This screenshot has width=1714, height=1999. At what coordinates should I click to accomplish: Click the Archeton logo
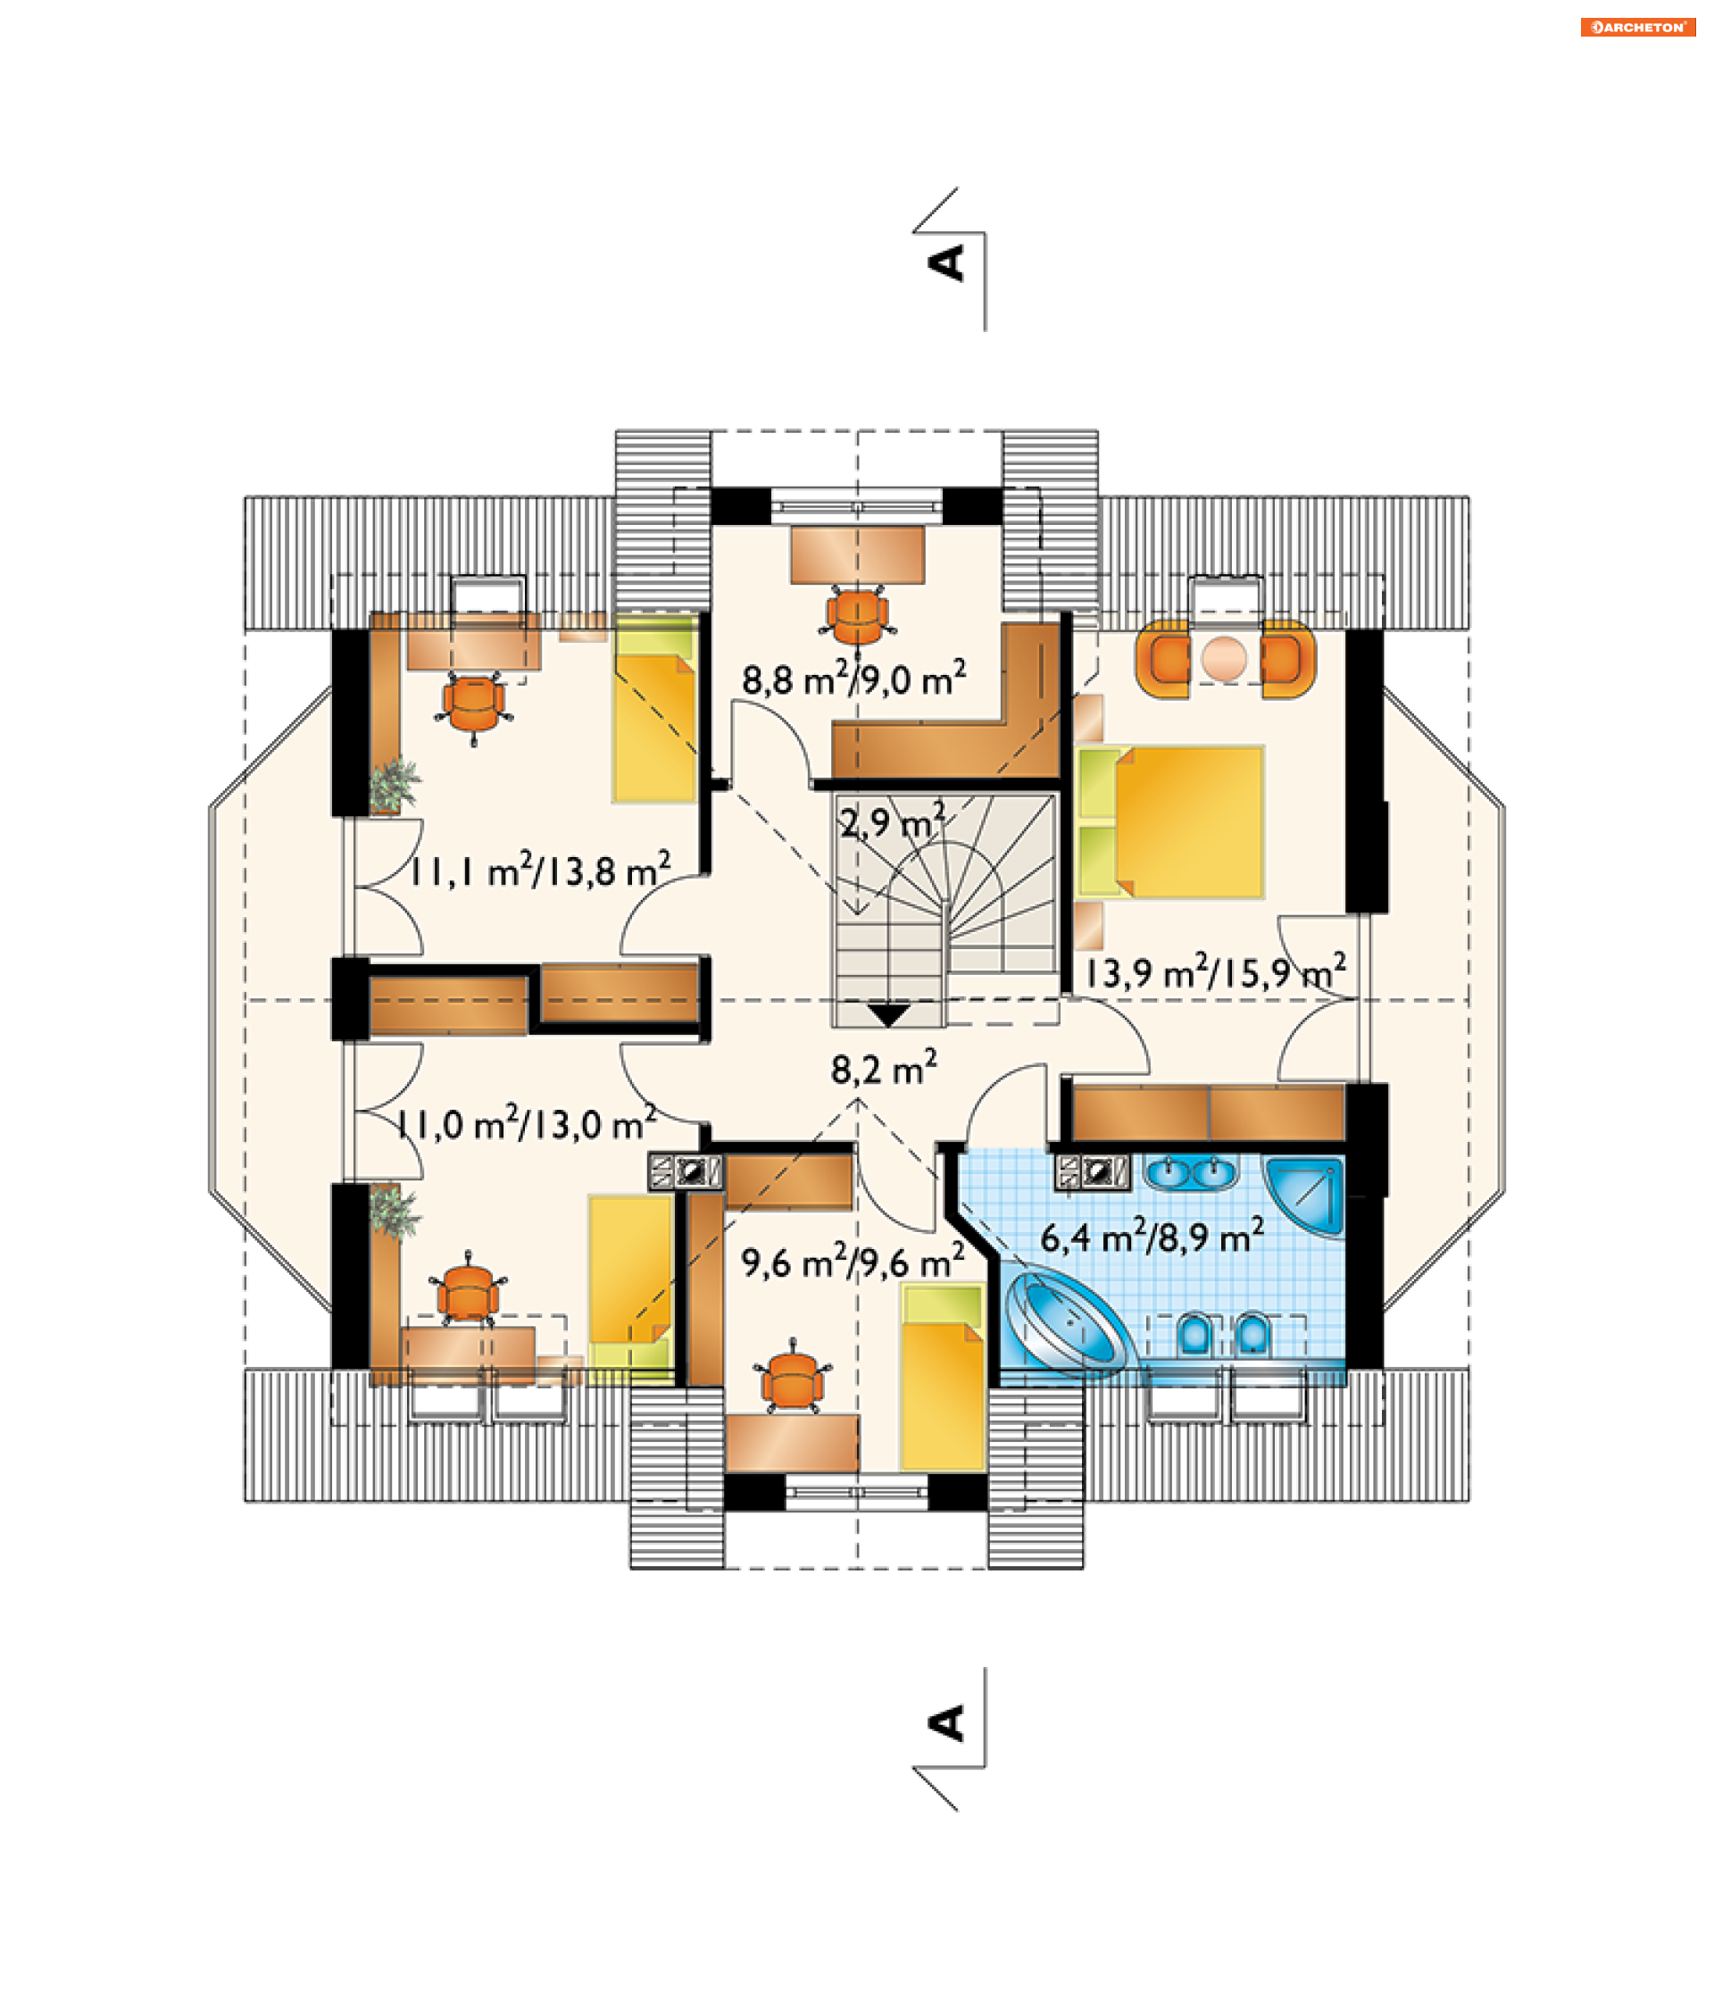(1637, 27)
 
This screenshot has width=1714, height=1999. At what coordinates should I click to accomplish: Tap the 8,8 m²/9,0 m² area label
(853, 679)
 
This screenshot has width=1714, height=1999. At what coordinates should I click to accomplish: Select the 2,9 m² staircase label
(891, 822)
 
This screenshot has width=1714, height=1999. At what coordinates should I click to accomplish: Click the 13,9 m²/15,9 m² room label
(1215, 971)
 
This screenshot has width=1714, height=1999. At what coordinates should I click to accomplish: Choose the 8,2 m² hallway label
(884, 1068)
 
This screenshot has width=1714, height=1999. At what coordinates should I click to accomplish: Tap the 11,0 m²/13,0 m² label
(527, 1123)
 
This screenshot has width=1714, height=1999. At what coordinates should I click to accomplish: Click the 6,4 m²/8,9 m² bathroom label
(1152, 1236)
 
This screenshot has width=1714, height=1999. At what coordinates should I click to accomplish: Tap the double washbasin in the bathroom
(1190, 1173)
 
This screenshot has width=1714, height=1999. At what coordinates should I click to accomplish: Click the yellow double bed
(1170, 822)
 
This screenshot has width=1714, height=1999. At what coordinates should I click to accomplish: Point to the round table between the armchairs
(1224, 658)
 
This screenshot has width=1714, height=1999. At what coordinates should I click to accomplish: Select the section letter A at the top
(946, 262)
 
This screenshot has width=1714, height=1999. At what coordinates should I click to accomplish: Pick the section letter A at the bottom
(946, 1722)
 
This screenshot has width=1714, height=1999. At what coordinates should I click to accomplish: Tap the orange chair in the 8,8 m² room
(856, 615)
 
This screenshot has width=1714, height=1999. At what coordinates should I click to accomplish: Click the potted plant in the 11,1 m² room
(395, 786)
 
